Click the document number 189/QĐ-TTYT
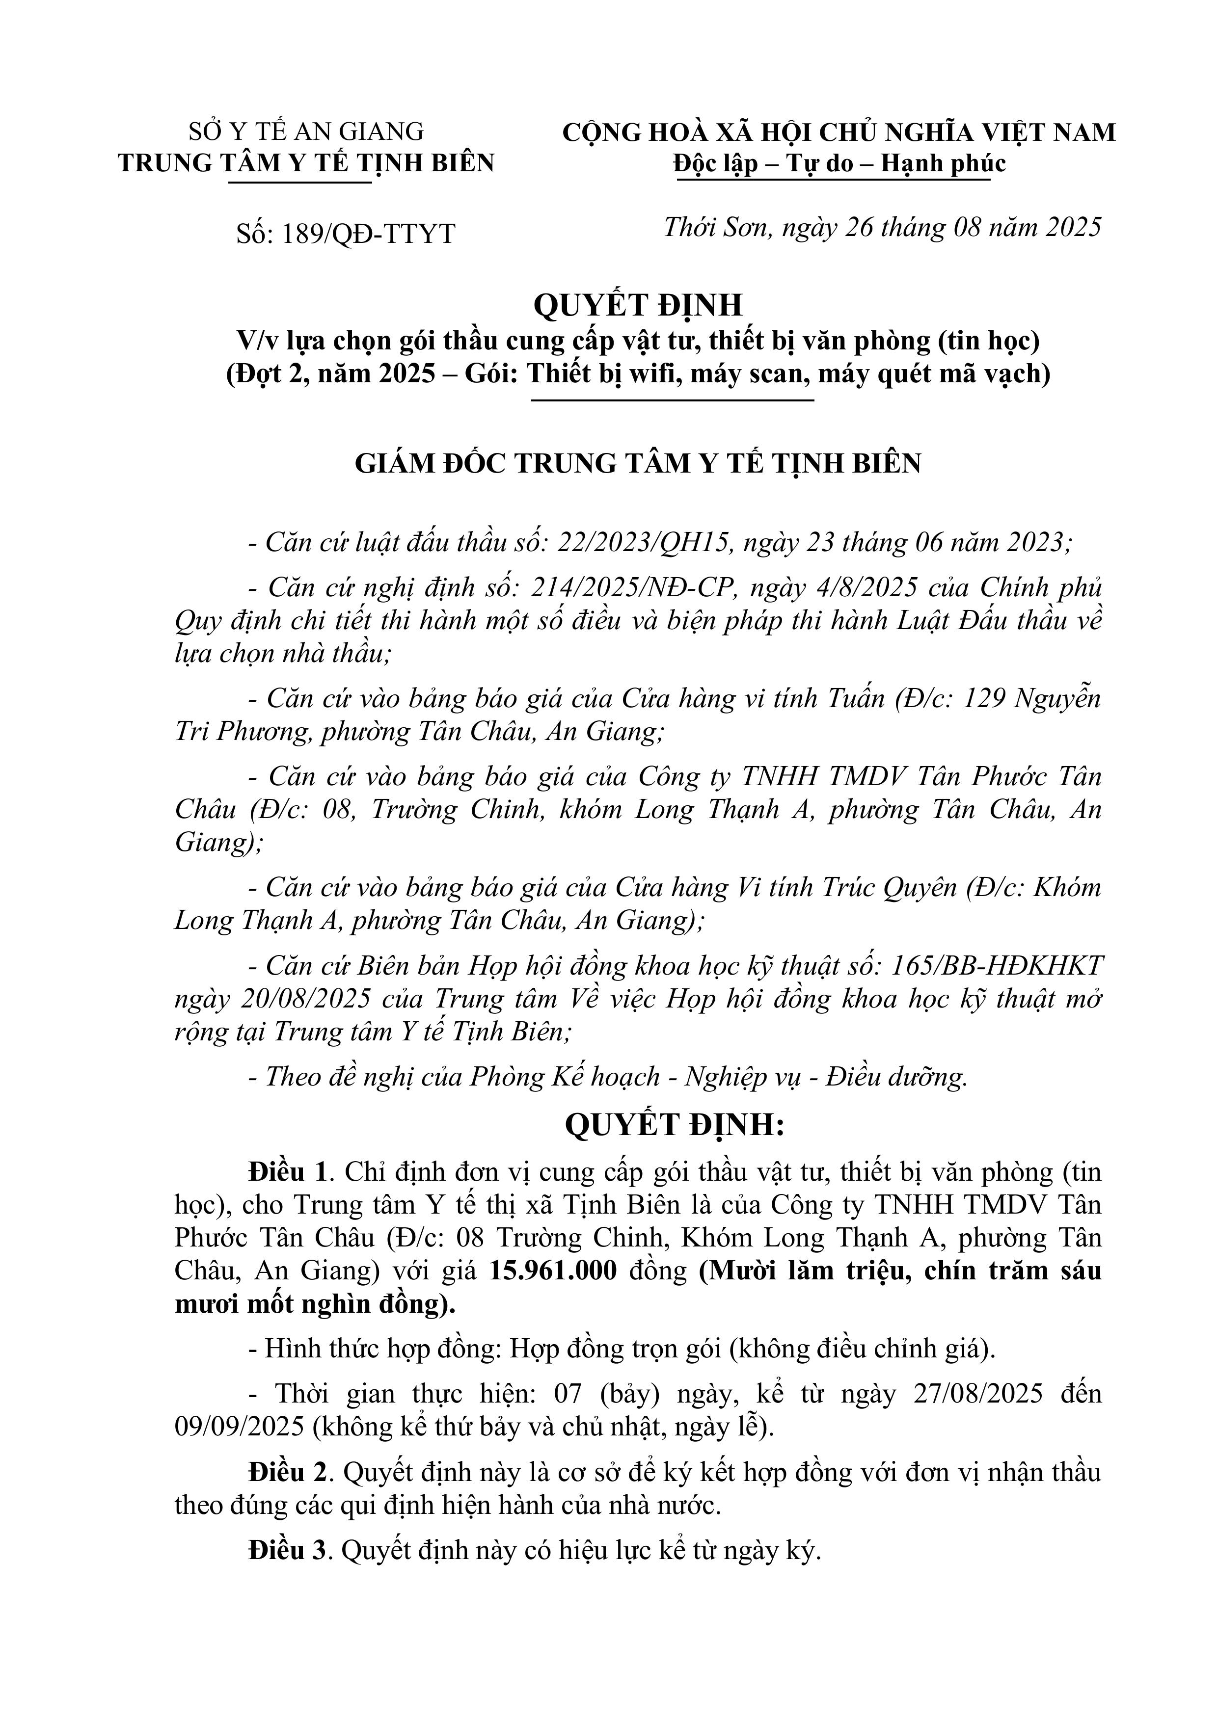click(x=368, y=234)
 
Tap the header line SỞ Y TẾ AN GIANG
click(x=306, y=132)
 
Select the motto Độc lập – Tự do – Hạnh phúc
click(x=839, y=163)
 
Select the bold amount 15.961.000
click(x=553, y=1271)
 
